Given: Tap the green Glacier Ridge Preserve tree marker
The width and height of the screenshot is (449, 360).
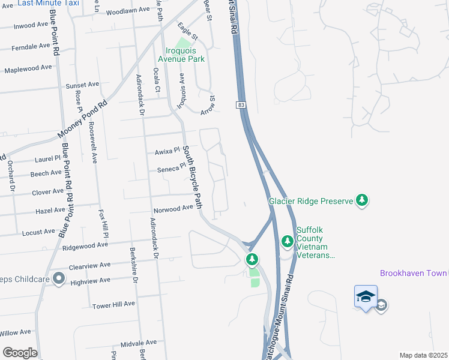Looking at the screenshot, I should pos(361,200).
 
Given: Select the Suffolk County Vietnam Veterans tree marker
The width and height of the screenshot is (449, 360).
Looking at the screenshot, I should pos(287,241).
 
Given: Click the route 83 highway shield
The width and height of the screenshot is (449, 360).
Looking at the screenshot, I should pos(241,105).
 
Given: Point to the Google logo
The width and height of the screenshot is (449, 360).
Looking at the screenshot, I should pos(19,353).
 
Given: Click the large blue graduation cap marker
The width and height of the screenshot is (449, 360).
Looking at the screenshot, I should pos(366,296).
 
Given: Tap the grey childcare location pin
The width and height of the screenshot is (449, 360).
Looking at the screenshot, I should pos(59,278).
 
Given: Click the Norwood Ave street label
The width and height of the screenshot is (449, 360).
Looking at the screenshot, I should pos(173,208).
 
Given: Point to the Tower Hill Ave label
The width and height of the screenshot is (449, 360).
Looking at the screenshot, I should pos(113,305).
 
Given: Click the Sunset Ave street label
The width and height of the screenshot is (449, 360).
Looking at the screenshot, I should pos(82,85).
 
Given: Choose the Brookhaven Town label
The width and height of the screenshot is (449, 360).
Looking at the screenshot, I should pos(414,273).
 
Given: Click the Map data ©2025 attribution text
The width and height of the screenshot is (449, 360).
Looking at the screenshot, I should pos(423,355).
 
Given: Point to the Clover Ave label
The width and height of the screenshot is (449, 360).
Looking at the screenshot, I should pos(47,191).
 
